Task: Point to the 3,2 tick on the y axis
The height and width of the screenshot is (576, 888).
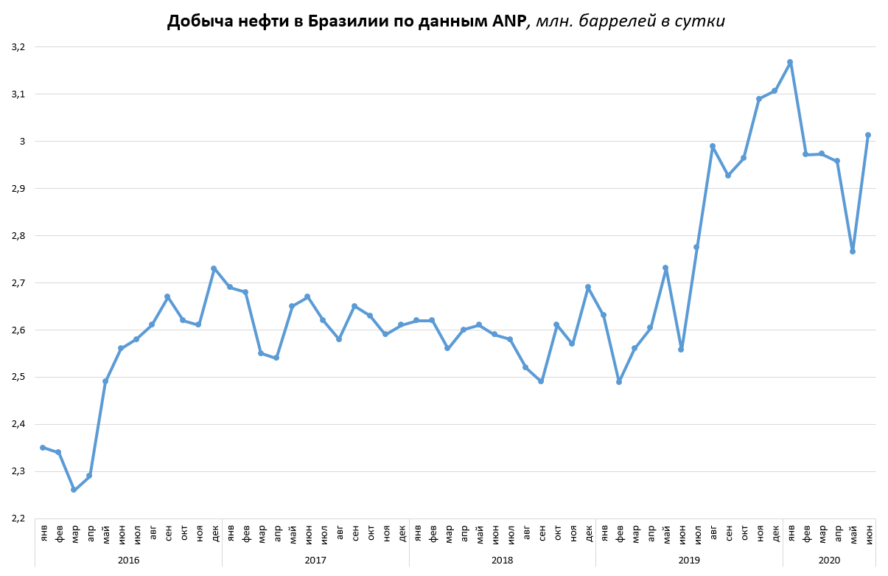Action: (x=18, y=47)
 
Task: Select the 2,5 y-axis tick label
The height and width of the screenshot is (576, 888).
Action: (x=18, y=377)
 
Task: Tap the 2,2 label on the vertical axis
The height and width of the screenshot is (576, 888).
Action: (x=18, y=518)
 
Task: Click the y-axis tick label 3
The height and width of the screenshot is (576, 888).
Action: (x=23, y=142)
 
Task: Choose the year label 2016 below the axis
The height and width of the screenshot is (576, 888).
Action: (x=128, y=561)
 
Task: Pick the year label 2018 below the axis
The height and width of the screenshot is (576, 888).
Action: (x=503, y=561)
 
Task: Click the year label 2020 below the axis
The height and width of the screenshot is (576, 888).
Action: (x=829, y=561)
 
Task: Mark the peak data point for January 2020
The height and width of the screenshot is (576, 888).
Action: (x=790, y=62)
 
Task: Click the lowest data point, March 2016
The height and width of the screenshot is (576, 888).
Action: (x=74, y=490)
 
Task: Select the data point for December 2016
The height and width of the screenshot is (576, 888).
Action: (x=214, y=268)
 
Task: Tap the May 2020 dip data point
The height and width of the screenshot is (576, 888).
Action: (x=853, y=251)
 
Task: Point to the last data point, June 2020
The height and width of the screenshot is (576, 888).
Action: (x=868, y=135)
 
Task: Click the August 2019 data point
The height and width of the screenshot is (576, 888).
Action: (x=713, y=146)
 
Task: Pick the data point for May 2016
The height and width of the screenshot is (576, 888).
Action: (x=105, y=381)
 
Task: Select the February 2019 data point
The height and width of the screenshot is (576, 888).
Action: (x=619, y=382)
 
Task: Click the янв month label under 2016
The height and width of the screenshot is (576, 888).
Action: (x=43, y=532)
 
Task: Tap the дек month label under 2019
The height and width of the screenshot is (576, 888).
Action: (x=775, y=532)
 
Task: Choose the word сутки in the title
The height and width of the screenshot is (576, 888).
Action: (x=701, y=21)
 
